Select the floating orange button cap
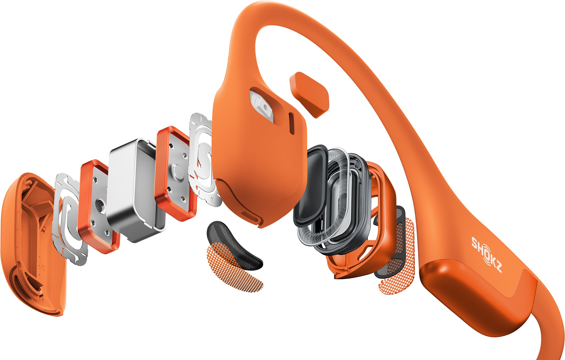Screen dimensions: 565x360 pyautogui.click(x=309, y=94)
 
